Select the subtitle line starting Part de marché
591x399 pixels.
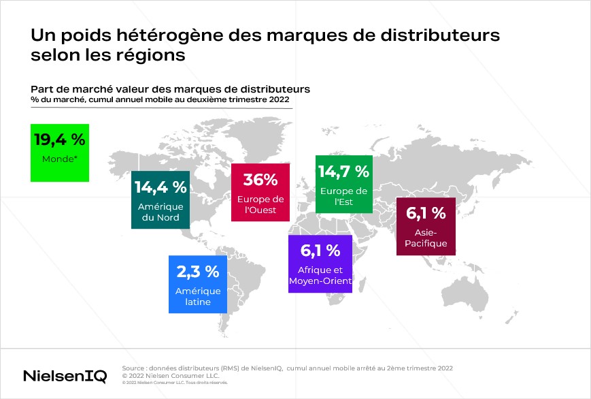tap(170, 89)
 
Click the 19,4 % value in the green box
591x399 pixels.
tap(60, 140)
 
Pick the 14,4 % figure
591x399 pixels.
tap(161, 187)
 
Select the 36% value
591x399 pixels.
tap(260, 180)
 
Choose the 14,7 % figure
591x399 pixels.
tap(343, 171)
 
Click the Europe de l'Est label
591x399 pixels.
tap(343, 196)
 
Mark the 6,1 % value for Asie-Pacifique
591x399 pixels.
tap(426, 213)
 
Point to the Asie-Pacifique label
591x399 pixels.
tap(426, 238)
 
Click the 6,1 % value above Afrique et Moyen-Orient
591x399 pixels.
tap(320, 250)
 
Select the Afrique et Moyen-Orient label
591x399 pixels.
tap(320, 275)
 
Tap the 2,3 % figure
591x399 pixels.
tap(198, 272)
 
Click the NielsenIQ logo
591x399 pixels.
tap(65, 376)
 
